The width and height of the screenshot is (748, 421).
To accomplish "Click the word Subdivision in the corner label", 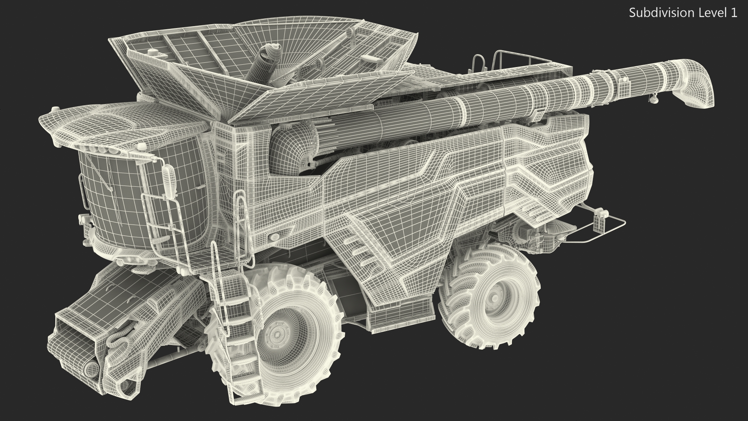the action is (x=654, y=13).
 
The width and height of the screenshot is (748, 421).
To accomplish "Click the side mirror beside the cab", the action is (x=169, y=181).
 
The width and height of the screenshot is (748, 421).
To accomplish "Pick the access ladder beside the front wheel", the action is (x=234, y=312).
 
